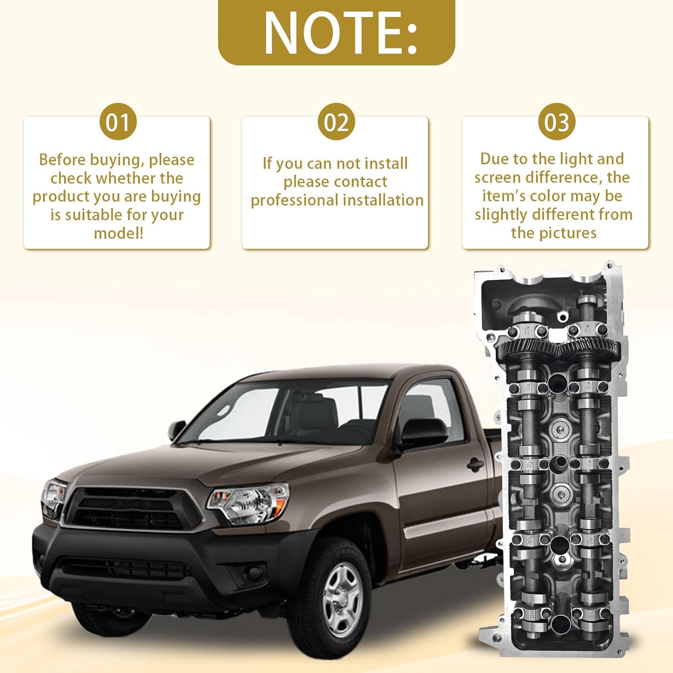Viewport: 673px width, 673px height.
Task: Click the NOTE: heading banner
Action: [336, 32]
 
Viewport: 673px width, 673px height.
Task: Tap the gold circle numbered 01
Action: [118, 122]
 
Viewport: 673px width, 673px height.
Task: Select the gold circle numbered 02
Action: [336, 122]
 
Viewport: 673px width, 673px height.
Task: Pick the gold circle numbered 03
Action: [556, 122]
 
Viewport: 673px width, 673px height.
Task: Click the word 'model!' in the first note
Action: [118, 233]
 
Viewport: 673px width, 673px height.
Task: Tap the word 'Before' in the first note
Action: [62, 160]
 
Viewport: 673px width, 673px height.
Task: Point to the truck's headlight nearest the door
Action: [249, 503]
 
